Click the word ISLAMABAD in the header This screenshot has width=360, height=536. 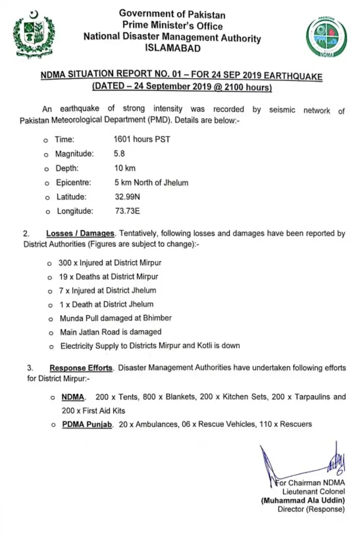[x=172, y=48]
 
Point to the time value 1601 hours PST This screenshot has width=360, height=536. [x=141, y=139]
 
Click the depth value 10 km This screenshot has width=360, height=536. [x=124, y=168]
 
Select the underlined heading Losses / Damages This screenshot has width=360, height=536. [x=81, y=233]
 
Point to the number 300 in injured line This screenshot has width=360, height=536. [x=67, y=263]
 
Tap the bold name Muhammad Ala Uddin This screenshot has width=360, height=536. [x=302, y=500]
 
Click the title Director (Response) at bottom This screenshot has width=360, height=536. [x=310, y=509]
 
